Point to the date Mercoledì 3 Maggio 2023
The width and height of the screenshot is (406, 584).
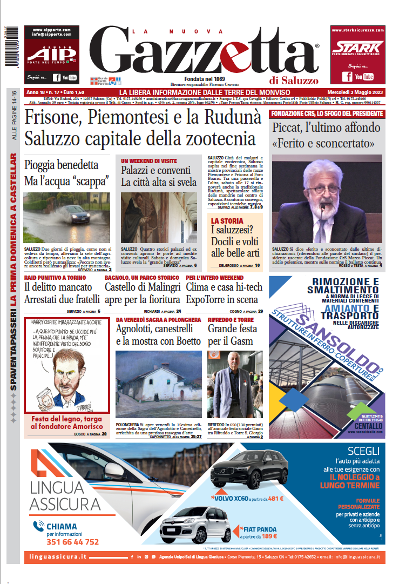pyautogui.click(x=356, y=92)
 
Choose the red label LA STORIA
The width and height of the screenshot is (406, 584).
pyautogui.click(x=227, y=221)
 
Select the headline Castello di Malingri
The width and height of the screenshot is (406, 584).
pyautogui.click(x=141, y=287)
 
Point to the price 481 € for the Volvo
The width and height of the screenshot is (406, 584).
pyautogui.click(x=276, y=499)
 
